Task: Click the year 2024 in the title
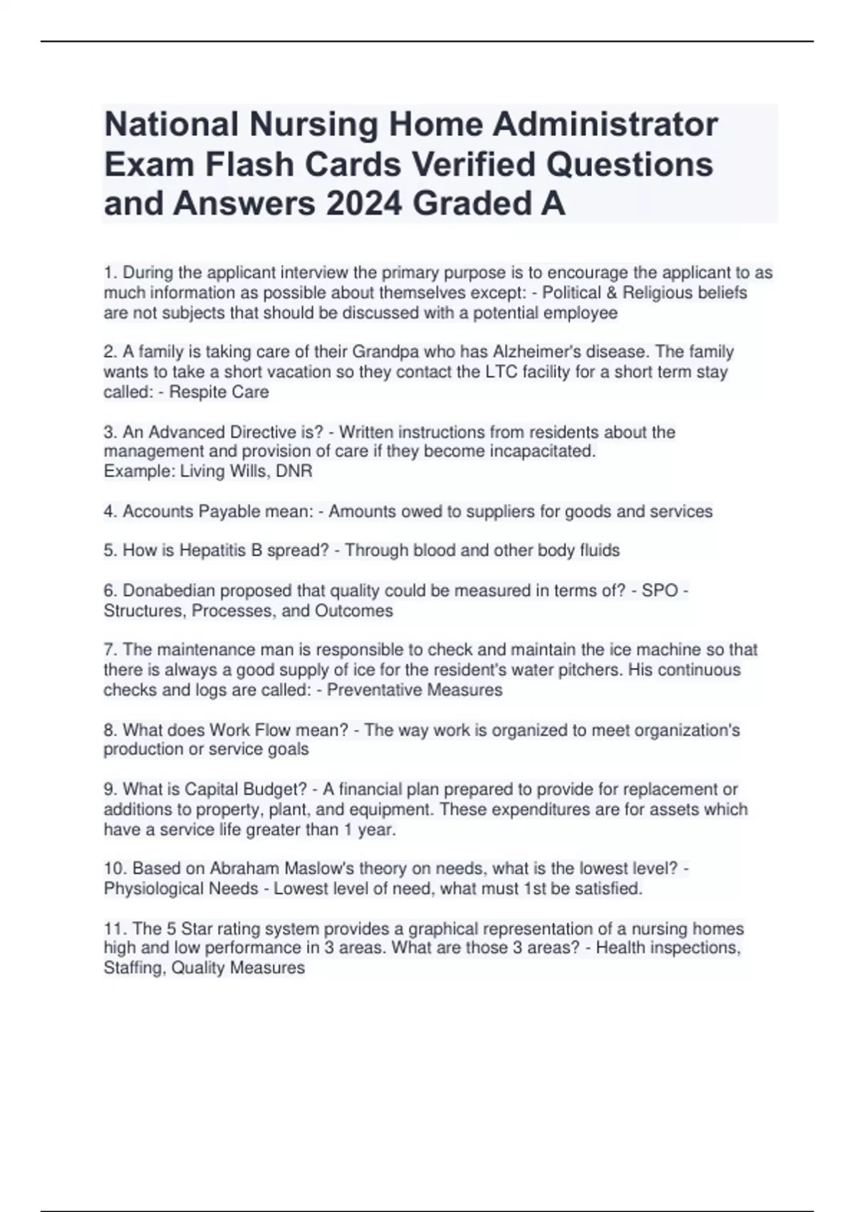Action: (x=365, y=204)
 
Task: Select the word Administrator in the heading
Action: (x=605, y=125)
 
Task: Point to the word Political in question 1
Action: (x=572, y=293)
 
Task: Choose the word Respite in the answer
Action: (x=193, y=392)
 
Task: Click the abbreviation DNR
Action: (x=296, y=471)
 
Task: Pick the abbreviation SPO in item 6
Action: (x=660, y=591)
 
